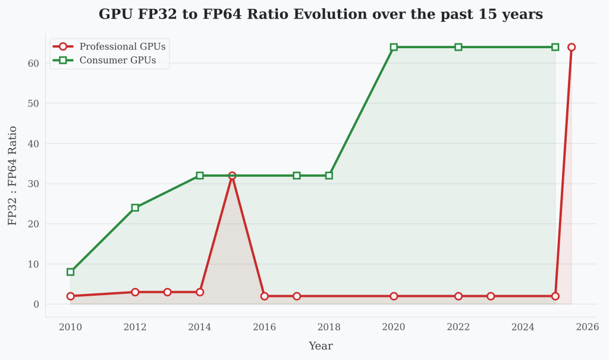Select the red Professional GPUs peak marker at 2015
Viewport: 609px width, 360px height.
click(232, 176)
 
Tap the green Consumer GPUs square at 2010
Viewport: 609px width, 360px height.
click(71, 272)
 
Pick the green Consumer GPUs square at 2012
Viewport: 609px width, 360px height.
click(135, 208)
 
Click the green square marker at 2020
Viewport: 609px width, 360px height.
click(394, 47)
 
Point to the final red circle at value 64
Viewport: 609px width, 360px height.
click(571, 47)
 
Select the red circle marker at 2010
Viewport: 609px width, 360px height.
click(71, 296)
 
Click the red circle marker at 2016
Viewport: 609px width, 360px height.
click(264, 296)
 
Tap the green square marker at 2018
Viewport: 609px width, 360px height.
click(329, 176)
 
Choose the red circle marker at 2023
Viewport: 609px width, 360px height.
click(491, 296)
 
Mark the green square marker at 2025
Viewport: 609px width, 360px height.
click(555, 47)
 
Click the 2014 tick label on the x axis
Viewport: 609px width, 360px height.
click(200, 327)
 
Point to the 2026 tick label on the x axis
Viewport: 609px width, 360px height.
click(587, 327)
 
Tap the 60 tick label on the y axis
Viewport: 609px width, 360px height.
click(33, 63)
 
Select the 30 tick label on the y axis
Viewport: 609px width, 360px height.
click(33, 184)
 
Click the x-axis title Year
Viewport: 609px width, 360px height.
click(321, 346)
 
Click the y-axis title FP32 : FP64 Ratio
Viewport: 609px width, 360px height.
click(12, 176)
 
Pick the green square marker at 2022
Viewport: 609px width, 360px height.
click(458, 47)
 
